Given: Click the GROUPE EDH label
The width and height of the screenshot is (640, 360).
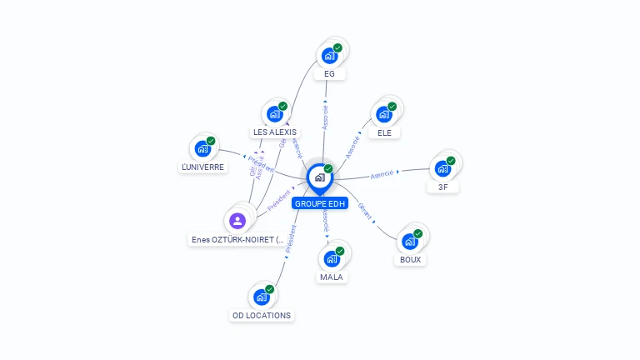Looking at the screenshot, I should [x=320, y=203].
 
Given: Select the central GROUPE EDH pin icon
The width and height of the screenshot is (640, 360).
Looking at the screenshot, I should [x=319, y=177].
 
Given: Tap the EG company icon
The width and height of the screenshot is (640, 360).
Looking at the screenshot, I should [x=329, y=55].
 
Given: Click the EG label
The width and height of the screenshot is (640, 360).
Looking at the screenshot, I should [x=329, y=74].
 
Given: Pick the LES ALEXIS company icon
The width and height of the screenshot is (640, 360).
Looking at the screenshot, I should [x=274, y=113].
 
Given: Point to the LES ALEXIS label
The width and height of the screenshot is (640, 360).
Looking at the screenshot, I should [x=274, y=132].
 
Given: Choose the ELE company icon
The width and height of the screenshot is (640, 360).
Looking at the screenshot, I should [x=384, y=113].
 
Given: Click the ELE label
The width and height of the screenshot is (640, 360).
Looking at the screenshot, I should [x=384, y=132].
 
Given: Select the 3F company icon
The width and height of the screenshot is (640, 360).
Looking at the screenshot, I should [x=442, y=167].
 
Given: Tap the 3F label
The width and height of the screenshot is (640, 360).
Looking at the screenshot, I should [x=442, y=187].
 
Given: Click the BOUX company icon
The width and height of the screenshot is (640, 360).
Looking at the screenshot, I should [x=409, y=241].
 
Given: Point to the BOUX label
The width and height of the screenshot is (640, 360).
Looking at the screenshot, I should [x=410, y=260].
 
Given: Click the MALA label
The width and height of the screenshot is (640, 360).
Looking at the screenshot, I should [x=331, y=277].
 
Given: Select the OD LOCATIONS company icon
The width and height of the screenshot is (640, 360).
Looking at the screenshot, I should [x=261, y=297].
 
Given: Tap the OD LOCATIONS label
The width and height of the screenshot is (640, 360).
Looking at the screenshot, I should [x=261, y=316].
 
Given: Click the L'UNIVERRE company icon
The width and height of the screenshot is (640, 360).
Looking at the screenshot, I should [x=202, y=148].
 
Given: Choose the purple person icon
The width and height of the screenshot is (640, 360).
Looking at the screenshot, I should [x=237, y=221].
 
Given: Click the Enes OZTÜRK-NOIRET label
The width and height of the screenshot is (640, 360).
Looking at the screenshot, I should [x=237, y=240].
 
